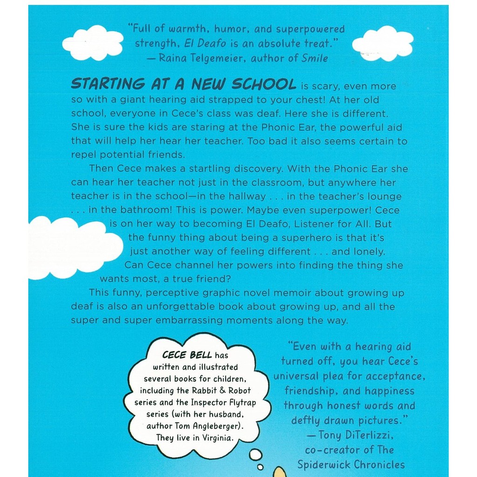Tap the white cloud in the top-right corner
pyautogui.click(x=382, y=43)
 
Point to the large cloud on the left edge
pyautogui.click(x=70, y=247)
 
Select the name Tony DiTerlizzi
pyautogui.click(x=356, y=435)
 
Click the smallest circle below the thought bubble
pyautogui.click(x=260, y=467)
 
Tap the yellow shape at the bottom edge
pyautogui.click(x=279, y=471)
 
